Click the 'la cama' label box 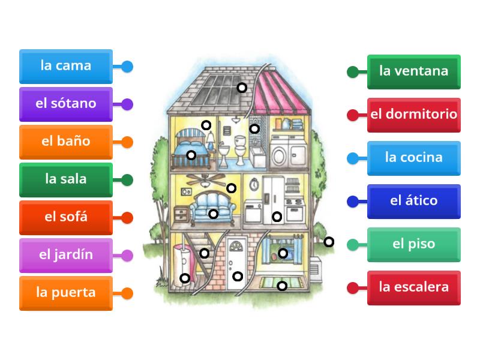tap(65, 66)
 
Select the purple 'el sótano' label tap(65, 104)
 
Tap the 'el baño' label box tap(65, 142)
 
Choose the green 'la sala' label tap(65, 179)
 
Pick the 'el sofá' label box tap(65, 217)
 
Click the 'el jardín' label tap(65, 255)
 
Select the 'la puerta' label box tap(65, 293)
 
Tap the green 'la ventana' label tap(413, 71)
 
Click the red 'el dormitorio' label tap(413, 115)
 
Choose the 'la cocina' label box tap(413, 158)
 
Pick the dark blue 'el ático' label tap(413, 201)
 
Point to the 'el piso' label tap(413, 244)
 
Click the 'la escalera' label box tap(413, 287)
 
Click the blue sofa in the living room tap(213, 205)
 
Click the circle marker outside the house tap(329, 242)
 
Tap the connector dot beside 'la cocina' tap(353, 158)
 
